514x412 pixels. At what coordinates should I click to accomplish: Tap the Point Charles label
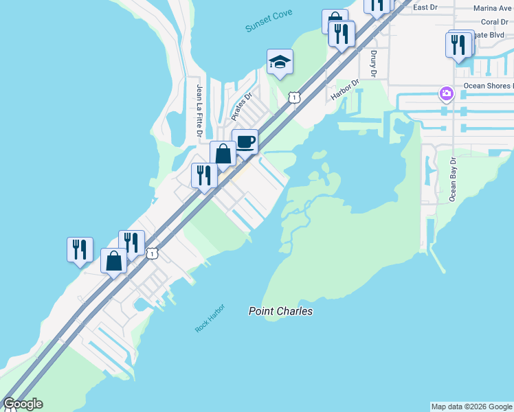tap(280, 311)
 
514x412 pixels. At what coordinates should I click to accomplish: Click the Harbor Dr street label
tap(345, 90)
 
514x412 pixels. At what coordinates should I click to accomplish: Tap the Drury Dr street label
tap(374, 63)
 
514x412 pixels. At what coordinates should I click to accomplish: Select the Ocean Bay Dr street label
tap(453, 179)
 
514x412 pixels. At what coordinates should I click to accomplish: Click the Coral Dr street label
tap(495, 22)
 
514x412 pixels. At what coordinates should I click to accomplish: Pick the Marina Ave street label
tap(493, 9)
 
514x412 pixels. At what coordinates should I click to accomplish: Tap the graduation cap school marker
tap(280, 62)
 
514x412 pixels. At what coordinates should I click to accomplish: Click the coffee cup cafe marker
tap(245, 142)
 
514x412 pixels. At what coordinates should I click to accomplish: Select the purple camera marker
tap(447, 93)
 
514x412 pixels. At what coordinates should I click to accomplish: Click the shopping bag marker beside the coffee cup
tap(223, 154)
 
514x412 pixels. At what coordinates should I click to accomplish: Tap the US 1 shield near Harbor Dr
tap(294, 98)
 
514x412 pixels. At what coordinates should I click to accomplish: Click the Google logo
tap(23, 404)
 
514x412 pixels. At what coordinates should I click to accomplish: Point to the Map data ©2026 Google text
tap(471, 407)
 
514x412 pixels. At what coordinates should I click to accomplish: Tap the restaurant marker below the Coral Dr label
tap(458, 45)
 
